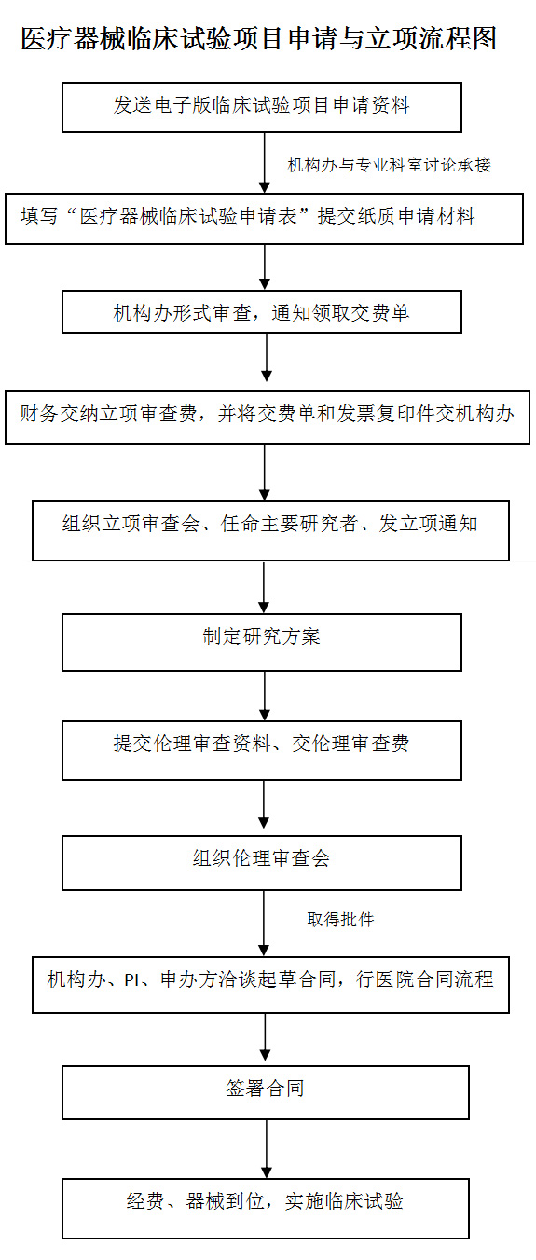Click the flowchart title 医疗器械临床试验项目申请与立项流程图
[259, 39]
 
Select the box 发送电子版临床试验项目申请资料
[262, 107]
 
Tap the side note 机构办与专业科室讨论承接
[390, 165]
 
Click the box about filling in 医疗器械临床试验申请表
[265, 219]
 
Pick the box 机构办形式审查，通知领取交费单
[262, 311]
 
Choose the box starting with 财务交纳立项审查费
[268, 418]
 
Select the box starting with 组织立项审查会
[270, 530]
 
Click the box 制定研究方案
[262, 642]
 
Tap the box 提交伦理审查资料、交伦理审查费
[262, 750]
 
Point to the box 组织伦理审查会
[262, 862]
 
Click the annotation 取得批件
[340, 919]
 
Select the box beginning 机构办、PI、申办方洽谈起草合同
[270, 984]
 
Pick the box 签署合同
[266, 1092]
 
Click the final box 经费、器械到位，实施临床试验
[266, 1208]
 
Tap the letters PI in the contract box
[131, 979]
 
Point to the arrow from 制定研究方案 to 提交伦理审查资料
[265, 696]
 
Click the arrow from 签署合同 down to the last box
[267, 1149]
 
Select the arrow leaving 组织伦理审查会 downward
[264, 923]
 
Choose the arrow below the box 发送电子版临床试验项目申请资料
[265, 163]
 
